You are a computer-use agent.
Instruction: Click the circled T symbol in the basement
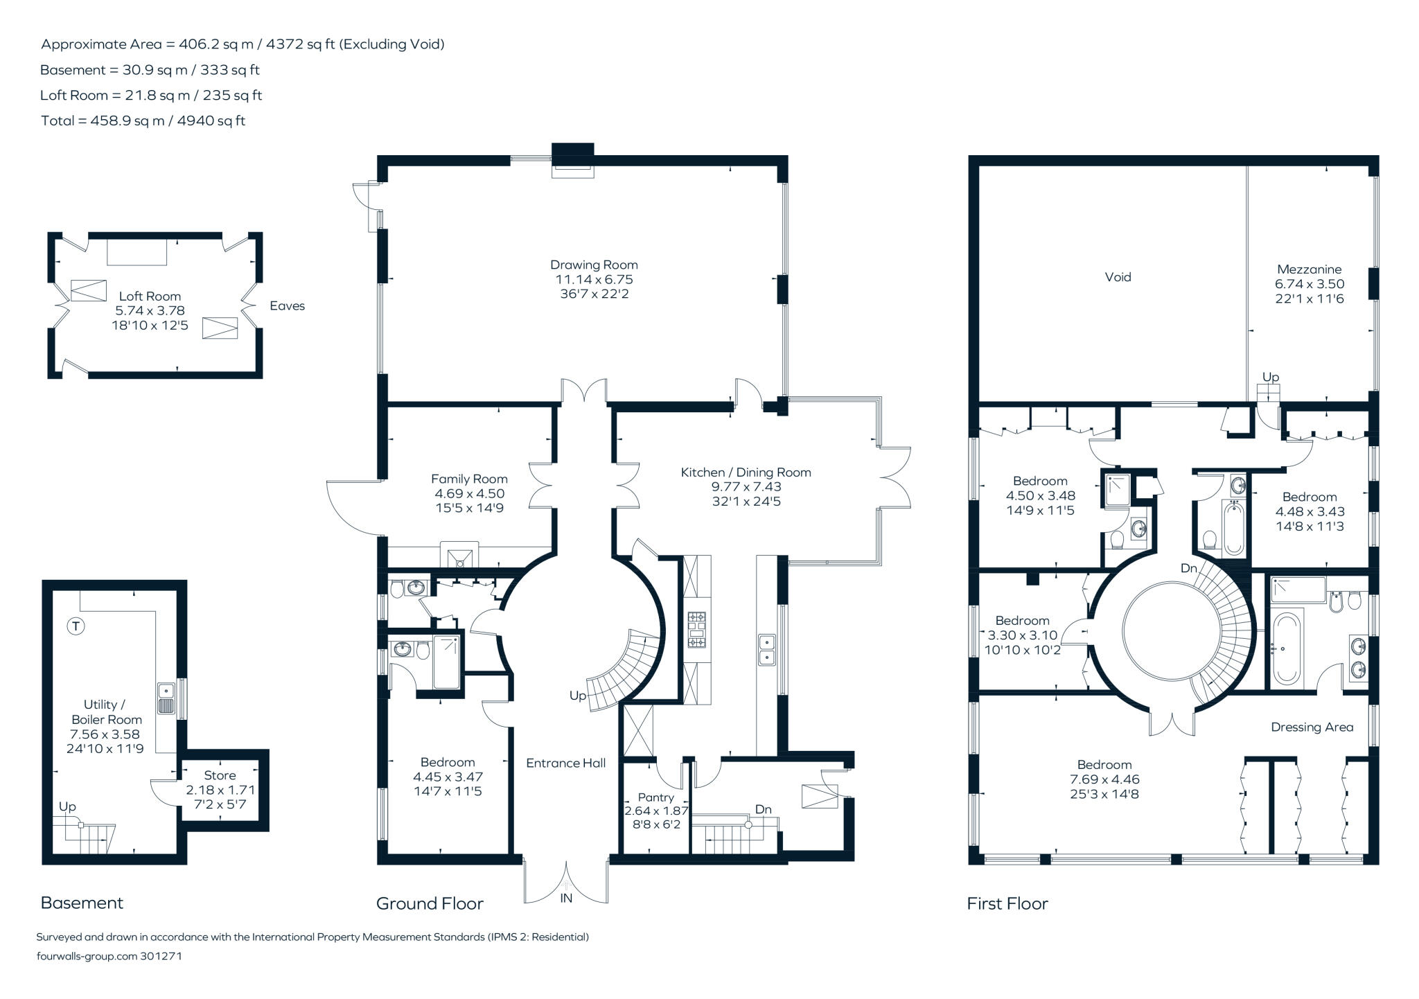[76, 626]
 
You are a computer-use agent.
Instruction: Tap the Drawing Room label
[594, 265]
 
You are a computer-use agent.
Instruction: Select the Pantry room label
[655, 797]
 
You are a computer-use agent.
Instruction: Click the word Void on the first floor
[1118, 277]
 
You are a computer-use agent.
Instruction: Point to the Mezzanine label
[1310, 269]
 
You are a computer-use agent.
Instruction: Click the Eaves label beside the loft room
[287, 306]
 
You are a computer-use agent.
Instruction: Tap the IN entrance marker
[566, 899]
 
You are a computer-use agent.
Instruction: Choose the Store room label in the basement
[220, 776]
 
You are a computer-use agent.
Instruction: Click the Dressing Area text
[1312, 727]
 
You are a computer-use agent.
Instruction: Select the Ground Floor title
[430, 903]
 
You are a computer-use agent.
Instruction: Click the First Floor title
[1007, 903]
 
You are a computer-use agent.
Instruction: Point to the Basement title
[82, 903]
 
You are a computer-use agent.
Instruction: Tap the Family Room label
[469, 479]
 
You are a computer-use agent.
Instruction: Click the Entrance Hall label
[565, 763]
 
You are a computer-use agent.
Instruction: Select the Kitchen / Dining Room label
[746, 472]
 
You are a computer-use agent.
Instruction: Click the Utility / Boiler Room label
[105, 712]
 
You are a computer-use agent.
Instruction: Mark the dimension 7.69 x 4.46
[1104, 779]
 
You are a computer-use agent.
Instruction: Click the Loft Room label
[150, 297]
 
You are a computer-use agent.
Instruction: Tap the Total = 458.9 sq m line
[143, 121]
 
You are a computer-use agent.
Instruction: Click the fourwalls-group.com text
[87, 956]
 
